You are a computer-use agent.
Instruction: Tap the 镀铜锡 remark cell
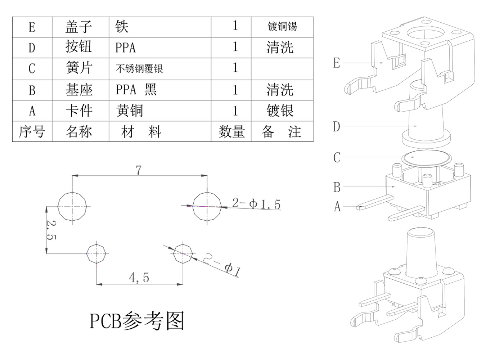(282, 27)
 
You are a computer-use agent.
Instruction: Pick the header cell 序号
(32, 131)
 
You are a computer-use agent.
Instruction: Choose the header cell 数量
(231, 131)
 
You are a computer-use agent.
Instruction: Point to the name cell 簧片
(79, 68)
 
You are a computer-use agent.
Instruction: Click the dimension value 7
(139, 170)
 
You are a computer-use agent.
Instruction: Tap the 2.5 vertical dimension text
(51, 230)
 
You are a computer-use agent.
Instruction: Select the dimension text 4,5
(139, 278)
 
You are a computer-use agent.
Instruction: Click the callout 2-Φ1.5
(256, 204)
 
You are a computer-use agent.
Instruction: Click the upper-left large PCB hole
(73, 206)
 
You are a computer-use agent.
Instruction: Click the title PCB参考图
(137, 321)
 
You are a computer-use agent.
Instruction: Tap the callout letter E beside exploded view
(337, 63)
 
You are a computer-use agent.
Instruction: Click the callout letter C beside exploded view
(337, 157)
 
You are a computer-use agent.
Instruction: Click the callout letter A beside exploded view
(337, 207)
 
